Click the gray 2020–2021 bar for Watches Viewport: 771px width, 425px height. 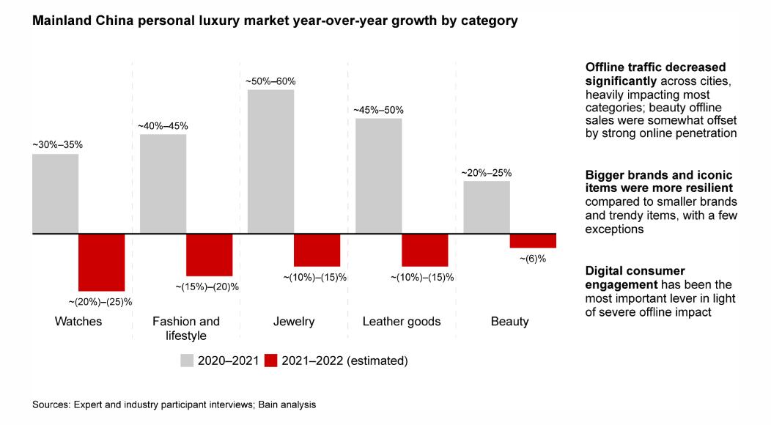click(55, 193)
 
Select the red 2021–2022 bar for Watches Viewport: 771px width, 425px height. click(102, 262)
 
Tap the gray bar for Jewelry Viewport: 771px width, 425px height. click(270, 162)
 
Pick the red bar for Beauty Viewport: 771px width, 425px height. click(533, 241)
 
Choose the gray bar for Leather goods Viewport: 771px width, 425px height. click(378, 176)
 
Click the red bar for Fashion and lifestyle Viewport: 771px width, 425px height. click(209, 255)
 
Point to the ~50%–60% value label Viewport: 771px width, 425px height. click(271, 81)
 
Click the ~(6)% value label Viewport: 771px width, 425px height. click(533, 259)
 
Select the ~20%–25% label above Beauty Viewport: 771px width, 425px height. click(486, 173)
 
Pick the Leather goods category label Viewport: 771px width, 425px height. click(402, 322)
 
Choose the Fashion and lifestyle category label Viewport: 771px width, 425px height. click(185, 328)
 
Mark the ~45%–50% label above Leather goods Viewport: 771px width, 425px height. click(378, 110)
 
